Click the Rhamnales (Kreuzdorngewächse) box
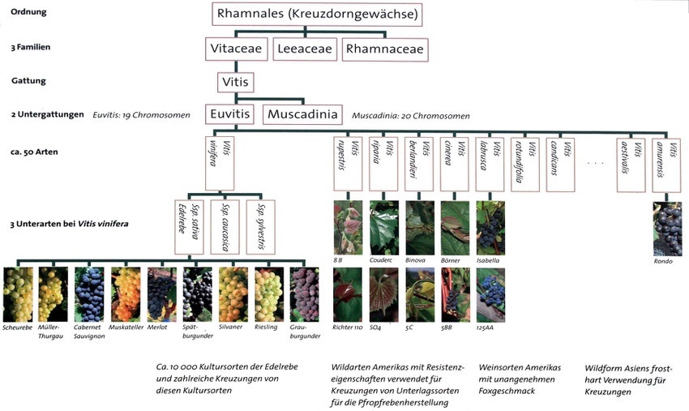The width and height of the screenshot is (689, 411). click(317, 14)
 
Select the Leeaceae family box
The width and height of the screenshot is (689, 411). click(305, 49)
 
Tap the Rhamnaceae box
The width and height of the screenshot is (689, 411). click(385, 49)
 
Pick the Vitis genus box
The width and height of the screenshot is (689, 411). click(236, 82)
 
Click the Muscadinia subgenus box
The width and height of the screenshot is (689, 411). click(302, 114)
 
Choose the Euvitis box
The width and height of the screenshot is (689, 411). click(230, 114)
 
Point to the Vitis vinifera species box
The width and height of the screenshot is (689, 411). click(220, 163)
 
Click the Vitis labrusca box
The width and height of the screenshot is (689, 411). click(490, 165)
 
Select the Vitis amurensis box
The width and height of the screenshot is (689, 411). click(666, 165)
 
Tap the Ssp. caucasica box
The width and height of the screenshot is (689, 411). click(225, 227)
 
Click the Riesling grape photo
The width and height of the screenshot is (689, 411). click(269, 294)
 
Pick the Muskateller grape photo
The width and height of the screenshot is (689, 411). click(125, 294)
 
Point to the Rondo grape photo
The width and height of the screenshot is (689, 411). click(668, 229)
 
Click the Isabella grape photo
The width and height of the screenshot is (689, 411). click(490, 228)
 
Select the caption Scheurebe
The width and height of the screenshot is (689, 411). click(17, 328)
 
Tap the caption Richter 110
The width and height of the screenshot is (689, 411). click(348, 328)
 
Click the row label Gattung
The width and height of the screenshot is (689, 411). click(28, 81)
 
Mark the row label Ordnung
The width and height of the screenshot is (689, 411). click(28, 12)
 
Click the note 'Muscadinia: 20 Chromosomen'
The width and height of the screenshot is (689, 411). click(410, 116)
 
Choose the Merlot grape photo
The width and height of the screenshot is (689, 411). click(161, 294)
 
